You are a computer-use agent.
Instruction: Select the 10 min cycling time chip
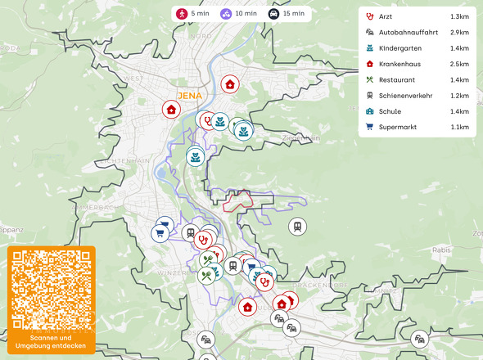point(238,13)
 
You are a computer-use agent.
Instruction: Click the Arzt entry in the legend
point(386,16)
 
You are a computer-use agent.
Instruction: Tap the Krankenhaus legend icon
point(370,64)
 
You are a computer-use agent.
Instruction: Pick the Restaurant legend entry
point(396,79)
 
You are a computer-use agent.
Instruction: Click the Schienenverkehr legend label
point(405,95)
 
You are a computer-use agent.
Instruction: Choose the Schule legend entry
point(390,111)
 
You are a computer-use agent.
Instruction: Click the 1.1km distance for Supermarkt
point(459,127)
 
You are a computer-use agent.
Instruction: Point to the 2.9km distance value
point(459,33)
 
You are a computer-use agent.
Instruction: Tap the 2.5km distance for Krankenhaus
point(459,64)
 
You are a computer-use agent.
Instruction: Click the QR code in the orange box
point(52,290)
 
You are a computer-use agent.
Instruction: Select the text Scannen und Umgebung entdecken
point(52,341)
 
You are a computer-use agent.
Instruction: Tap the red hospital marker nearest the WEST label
point(170,109)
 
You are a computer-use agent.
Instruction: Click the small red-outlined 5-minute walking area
point(239,201)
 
